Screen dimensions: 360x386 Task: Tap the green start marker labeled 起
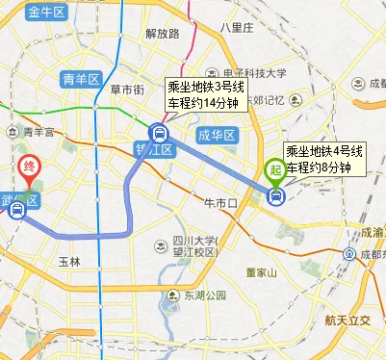pos(275,174)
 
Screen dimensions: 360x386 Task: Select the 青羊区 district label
pos(80,78)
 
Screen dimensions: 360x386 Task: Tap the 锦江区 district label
pos(153,149)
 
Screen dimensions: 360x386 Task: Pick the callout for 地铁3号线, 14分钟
pos(206,94)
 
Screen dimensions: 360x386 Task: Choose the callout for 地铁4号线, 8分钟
pos(324,159)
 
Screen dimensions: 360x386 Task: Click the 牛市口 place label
pos(220,203)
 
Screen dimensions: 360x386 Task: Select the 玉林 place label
pos(70,261)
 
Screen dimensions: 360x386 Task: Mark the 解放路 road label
pos(163,33)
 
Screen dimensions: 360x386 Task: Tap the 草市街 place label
pos(127,90)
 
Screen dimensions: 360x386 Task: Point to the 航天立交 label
pos(355,321)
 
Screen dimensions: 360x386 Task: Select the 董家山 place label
pos(261,272)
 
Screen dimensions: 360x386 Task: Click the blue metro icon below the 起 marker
pos(277,196)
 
